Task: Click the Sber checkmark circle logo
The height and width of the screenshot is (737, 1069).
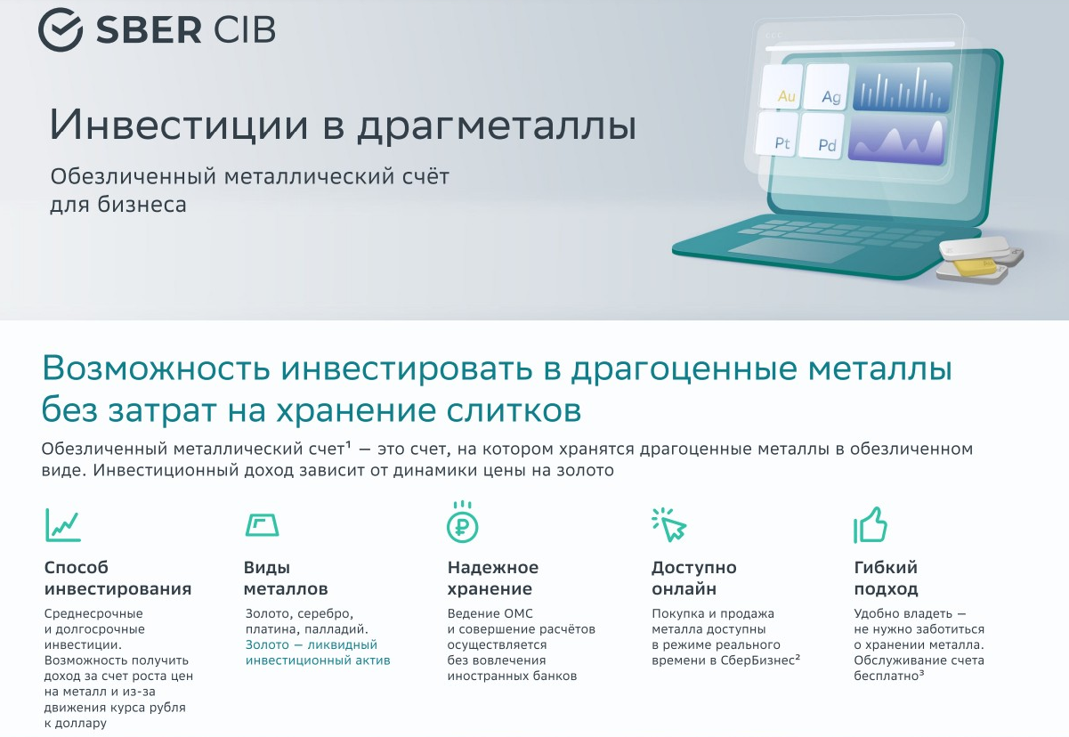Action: (61, 29)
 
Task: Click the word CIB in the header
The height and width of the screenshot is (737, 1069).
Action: (245, 29)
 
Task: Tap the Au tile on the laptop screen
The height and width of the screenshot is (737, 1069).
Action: (782, 87)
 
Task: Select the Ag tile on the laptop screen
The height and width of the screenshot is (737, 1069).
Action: (827, 87)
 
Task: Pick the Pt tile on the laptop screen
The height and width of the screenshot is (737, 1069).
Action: (777, 134)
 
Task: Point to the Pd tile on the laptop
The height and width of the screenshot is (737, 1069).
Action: (822, 135)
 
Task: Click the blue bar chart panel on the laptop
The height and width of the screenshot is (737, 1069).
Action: (903, 87)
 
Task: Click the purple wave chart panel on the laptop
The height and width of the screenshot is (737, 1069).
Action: (897, 139)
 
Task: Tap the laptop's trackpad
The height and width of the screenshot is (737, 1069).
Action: (796, 250)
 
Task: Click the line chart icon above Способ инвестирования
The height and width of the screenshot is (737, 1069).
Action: (63, 524)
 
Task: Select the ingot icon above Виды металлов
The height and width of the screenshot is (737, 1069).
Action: (262, 525)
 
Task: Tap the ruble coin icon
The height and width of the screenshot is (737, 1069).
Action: (463, 522)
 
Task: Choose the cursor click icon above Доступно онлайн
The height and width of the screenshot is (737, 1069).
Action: (669, 524)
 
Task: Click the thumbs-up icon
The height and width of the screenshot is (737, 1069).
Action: (870, 525)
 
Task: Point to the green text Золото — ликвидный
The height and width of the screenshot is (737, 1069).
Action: (312, 644)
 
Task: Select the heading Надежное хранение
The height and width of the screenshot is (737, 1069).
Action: (493, 578)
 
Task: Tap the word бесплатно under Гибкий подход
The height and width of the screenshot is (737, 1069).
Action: (886, 676)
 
